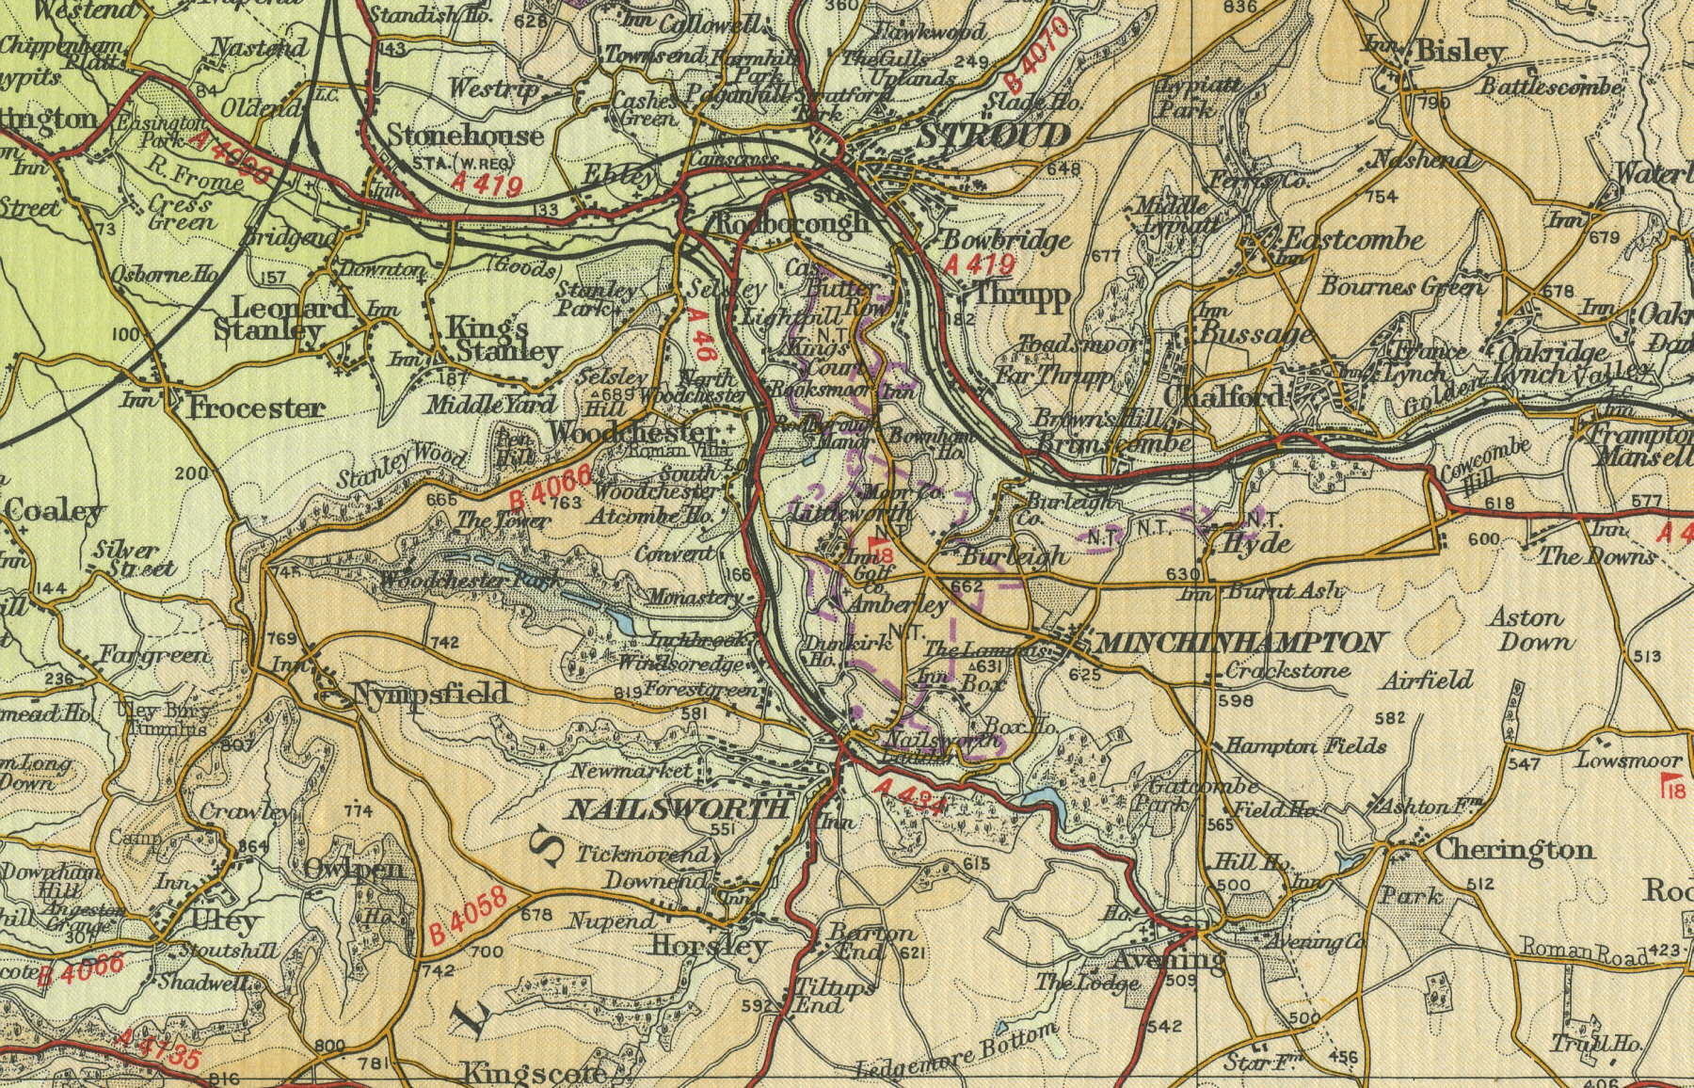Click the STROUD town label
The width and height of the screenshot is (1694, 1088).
tap(994, 137)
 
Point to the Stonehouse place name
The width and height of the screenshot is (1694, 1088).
tap(465, 136)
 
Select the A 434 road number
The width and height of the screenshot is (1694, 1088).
tap(908, 795)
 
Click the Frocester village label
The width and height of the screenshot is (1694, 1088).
tap(256, 408)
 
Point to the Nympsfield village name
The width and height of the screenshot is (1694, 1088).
tap(431, 695)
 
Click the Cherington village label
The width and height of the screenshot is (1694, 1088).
tap(1513, 850)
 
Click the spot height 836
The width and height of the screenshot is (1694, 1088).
tap(1241, 8)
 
